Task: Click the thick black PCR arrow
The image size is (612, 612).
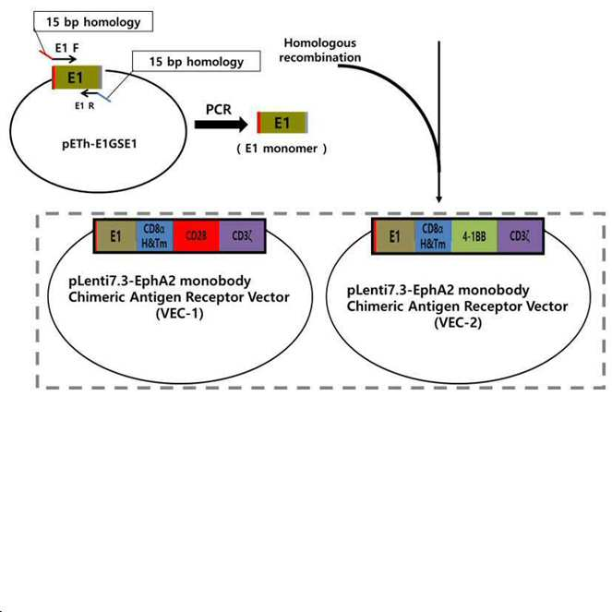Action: (x=221, y=125)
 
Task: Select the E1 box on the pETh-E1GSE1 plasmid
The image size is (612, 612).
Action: (x=77, y=78)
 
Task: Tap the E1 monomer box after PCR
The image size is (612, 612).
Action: (x=282, y=123)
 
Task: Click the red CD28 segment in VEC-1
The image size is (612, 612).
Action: (x=197, y=235)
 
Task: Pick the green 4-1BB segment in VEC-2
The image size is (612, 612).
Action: (x=474, y=236)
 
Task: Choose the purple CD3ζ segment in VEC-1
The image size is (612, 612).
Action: (x=242, y=235)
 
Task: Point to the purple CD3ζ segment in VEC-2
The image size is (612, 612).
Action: (x=520, y=236)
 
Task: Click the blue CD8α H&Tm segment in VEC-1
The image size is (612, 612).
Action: (x=154, y=235)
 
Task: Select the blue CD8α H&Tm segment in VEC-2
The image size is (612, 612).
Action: (x=433, y=236)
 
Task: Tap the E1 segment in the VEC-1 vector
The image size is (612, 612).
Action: (x=115, y=235)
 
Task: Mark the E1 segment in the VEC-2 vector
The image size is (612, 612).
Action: (x=394, y=236)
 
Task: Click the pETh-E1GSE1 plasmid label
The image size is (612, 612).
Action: (x=100, y=144)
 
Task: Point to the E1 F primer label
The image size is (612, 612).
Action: (x=66, y=48)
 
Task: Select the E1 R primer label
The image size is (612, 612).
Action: (x=85, y=106)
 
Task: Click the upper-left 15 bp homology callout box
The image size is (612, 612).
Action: (x=93, y=21)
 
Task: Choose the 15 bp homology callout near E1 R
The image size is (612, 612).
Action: (x=197, y=61)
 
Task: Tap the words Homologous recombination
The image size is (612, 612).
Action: (x=320, y=50)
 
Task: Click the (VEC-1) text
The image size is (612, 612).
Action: (x=180, y=314)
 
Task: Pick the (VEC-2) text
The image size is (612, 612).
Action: (x=458, y=323)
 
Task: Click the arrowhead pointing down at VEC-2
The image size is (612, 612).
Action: (x=439, y=199)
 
